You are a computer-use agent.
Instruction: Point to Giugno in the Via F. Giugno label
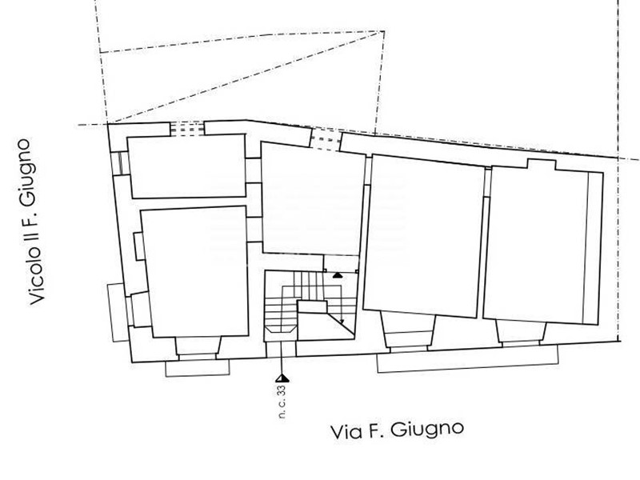tap(427, 430)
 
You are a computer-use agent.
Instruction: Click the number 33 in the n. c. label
tap(282, 391)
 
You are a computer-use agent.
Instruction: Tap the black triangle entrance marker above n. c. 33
tap(282, 378)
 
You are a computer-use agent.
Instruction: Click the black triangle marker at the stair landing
tap(337, 275)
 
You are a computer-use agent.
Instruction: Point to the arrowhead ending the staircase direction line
tap(342, 322)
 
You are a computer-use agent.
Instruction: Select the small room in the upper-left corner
tap(187, 166)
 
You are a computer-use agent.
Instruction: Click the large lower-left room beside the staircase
tap(194, 272)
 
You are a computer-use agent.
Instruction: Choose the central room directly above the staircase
tap(313, 200)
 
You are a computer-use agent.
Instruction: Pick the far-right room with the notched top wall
tap(543, 243)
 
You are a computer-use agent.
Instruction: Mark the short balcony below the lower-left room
tap(198, 368)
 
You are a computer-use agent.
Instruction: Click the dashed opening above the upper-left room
tap(187, 128)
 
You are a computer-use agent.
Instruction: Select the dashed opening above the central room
tap(326, 140)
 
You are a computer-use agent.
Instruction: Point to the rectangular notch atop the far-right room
tap(542, 165)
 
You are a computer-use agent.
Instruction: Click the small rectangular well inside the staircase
tap(312, 306)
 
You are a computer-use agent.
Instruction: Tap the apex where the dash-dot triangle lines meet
tap(383, 31)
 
